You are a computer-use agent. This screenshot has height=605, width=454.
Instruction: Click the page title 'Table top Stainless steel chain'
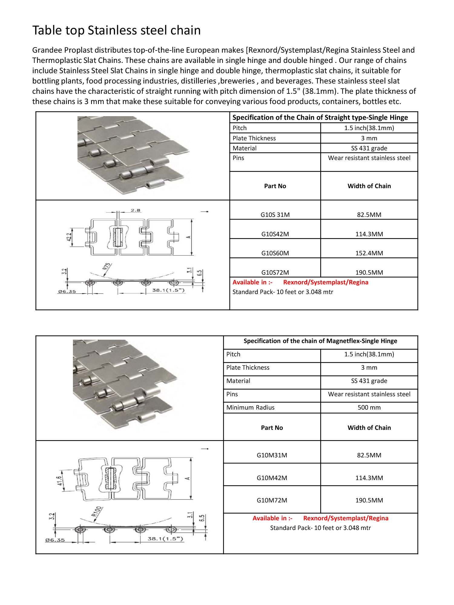click(x=117, y=30)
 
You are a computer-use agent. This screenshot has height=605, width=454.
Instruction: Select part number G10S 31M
click(x=275, y=214)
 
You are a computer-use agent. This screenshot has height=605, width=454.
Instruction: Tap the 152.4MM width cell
click(x=369, y=253)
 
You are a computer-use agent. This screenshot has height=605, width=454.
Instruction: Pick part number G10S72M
click(x=275, y=272)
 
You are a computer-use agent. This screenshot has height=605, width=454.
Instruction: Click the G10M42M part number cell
click(x=271, y=478)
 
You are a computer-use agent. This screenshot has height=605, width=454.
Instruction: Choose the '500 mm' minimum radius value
click(x=369, y=407)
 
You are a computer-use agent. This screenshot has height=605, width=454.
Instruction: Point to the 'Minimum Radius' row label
click(x=250, y=407)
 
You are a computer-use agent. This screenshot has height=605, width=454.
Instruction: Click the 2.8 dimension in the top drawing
click(x=135, y=210)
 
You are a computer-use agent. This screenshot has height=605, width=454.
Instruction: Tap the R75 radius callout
click(x=107, y=267)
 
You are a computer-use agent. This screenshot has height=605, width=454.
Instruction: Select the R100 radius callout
click(x=97, y=511)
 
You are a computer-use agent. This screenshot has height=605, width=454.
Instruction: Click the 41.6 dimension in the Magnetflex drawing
click(x=60, y=480)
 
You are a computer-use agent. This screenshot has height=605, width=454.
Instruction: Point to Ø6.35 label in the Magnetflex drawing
click(x=55, y=540)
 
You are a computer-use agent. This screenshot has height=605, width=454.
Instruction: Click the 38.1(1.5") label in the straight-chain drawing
click(x=168, y=290)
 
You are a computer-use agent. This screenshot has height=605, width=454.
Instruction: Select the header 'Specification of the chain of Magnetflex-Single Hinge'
click(x=320, y=341)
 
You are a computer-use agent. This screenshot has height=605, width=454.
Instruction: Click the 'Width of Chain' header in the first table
click(x=369, y=186)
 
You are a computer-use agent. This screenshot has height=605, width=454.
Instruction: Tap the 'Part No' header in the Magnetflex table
click(x=271, y=427)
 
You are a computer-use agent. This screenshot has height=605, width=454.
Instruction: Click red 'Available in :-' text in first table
click(x=252, y=282)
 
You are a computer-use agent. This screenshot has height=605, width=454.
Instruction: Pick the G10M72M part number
click(x=271, y=500)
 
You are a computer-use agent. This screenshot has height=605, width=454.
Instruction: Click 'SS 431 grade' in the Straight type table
click(x=369, y=148)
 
